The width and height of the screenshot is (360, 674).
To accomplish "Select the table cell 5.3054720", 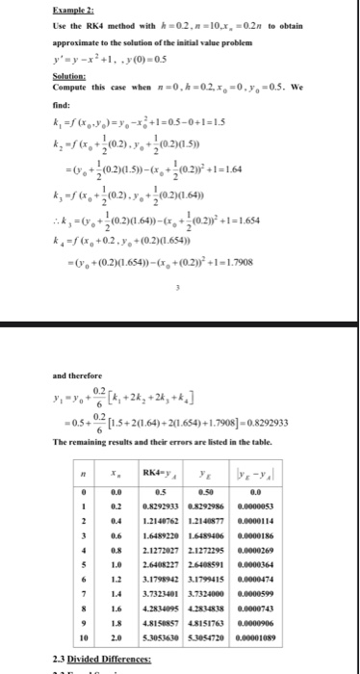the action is click(236, 636).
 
